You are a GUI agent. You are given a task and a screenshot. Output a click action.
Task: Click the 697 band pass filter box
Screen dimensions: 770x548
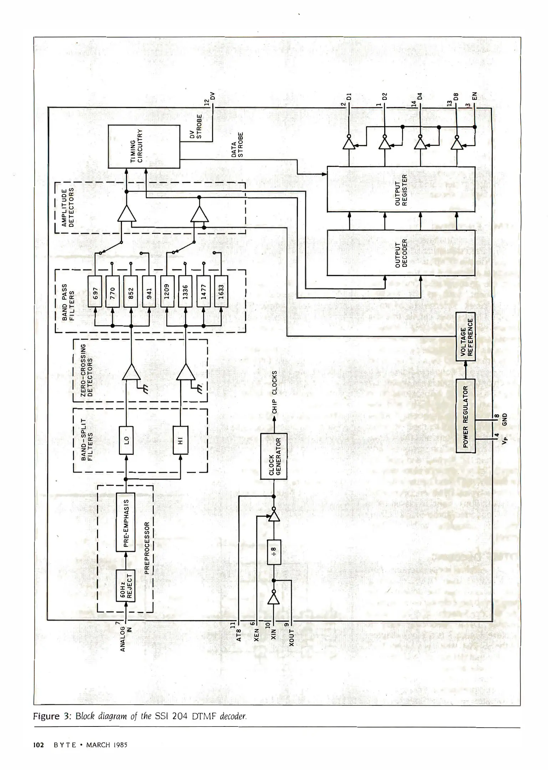tap(95, 291)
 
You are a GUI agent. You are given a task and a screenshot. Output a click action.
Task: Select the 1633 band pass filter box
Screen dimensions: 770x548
tap(221, 291)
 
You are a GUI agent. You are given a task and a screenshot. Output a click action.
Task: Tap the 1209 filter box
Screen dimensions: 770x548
tap(167, 291)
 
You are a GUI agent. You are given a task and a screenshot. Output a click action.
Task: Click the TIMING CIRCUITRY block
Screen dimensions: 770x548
tap(144, 147)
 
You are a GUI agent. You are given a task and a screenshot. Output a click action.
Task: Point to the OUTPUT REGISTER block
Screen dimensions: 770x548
tap(401, 189)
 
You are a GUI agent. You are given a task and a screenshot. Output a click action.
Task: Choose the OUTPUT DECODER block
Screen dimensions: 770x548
tap(401, 253)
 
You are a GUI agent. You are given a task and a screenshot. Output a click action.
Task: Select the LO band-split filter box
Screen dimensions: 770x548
tap(126, 440)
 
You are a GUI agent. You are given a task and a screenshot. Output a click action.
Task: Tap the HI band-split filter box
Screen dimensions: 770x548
tap(180, 440)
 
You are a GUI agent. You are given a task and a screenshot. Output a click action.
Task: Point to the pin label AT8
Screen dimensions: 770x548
tap(239, 635)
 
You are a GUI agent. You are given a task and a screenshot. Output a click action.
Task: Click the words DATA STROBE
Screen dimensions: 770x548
tap(237, 145)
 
